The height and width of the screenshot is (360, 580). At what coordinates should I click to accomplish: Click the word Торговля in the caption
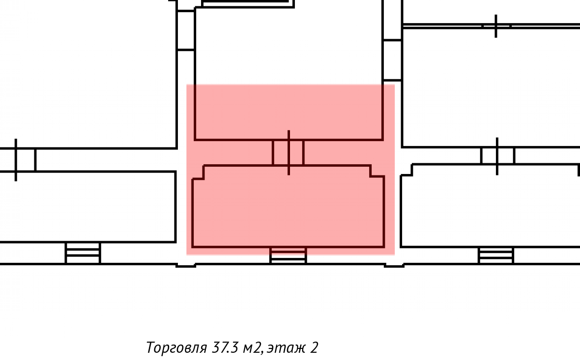(x=176, y=347)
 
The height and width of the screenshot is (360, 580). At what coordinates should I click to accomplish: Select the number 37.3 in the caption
(x=224, y=347)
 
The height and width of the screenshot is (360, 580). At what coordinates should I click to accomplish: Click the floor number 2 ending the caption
(x=314, y=347)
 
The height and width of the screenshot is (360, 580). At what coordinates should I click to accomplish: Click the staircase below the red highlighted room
(x=288, y=256)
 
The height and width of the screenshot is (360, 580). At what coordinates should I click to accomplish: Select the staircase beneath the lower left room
(x=83, y=253)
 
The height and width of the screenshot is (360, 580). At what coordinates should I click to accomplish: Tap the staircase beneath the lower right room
(x=496, y=256)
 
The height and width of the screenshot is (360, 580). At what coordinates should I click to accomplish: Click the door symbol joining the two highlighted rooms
(x=289, y=153)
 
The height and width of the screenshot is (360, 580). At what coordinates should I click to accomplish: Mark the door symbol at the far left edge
(x=16, y=160)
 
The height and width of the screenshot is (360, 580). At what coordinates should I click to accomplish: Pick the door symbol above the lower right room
(x=497, y=156)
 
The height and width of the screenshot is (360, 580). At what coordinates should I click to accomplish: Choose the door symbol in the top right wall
(x=496, y=26)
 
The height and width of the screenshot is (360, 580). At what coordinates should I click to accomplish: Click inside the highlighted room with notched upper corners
(x=289, y=207)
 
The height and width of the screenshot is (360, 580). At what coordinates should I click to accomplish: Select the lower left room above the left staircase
(x=87, y=206)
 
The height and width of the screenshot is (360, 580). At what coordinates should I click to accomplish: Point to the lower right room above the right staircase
(x=489, y=206)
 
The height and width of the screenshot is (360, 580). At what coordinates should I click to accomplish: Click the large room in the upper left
(x=88, y=75)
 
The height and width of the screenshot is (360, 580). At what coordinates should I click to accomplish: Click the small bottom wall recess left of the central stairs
(x=186, y=265)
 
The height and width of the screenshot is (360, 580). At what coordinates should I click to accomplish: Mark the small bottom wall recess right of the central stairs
(x=394, y=265)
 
